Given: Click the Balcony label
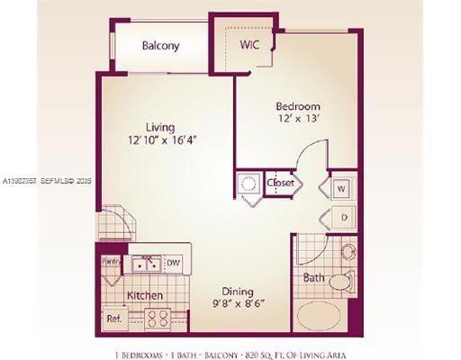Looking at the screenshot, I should point(161,46).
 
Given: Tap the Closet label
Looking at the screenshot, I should point(281,184).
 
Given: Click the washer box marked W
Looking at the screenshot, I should point(342,189).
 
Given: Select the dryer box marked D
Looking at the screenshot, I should point(342,216).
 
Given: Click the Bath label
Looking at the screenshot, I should point(312,278).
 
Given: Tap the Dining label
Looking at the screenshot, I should point(238,292).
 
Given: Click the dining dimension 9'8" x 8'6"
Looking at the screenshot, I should point(238,304).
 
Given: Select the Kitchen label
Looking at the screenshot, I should point(144,295).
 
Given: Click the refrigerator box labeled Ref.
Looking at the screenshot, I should point(114,318).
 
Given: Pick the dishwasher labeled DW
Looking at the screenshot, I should point(173,264).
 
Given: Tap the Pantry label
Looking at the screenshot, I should point(111,261).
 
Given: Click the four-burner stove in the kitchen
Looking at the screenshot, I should point(159,317).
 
